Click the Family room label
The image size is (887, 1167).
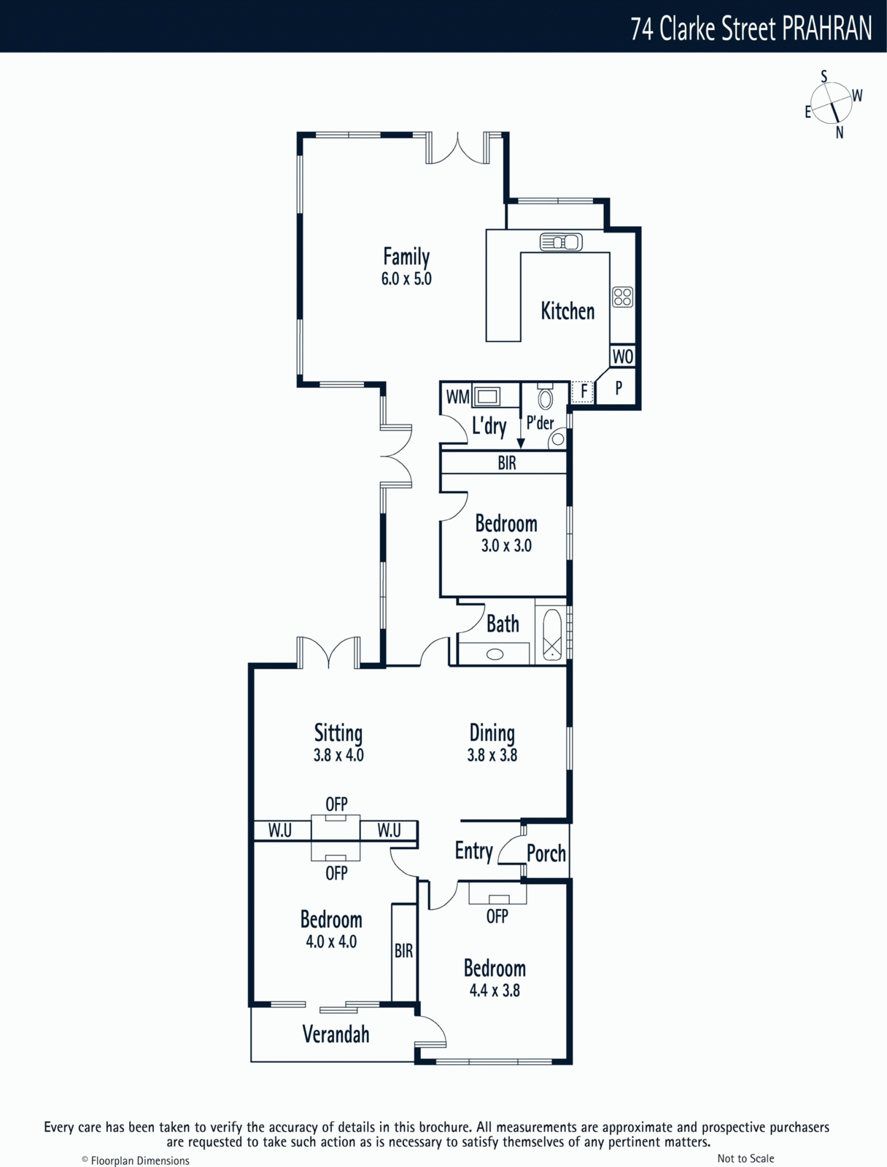[406, 257]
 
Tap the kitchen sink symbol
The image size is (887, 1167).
[561, 242]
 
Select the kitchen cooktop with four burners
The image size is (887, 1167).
[623, 297]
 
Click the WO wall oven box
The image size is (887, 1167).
[623, 356]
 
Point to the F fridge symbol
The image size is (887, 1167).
[583, 392]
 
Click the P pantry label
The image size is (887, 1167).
[619, 388]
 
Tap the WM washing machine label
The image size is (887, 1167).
[457, 397]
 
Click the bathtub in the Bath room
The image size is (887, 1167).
[552, 635]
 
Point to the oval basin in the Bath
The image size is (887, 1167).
[495, 654]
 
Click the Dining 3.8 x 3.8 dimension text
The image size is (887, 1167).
[492, 755]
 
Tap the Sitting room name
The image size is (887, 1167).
[338, 733]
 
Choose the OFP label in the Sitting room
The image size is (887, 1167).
[336, 805]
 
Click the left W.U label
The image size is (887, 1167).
[279, 831]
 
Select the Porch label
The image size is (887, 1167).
[546, 854]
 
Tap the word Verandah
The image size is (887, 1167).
[336, 1033]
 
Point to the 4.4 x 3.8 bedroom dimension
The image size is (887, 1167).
[495, 990]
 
